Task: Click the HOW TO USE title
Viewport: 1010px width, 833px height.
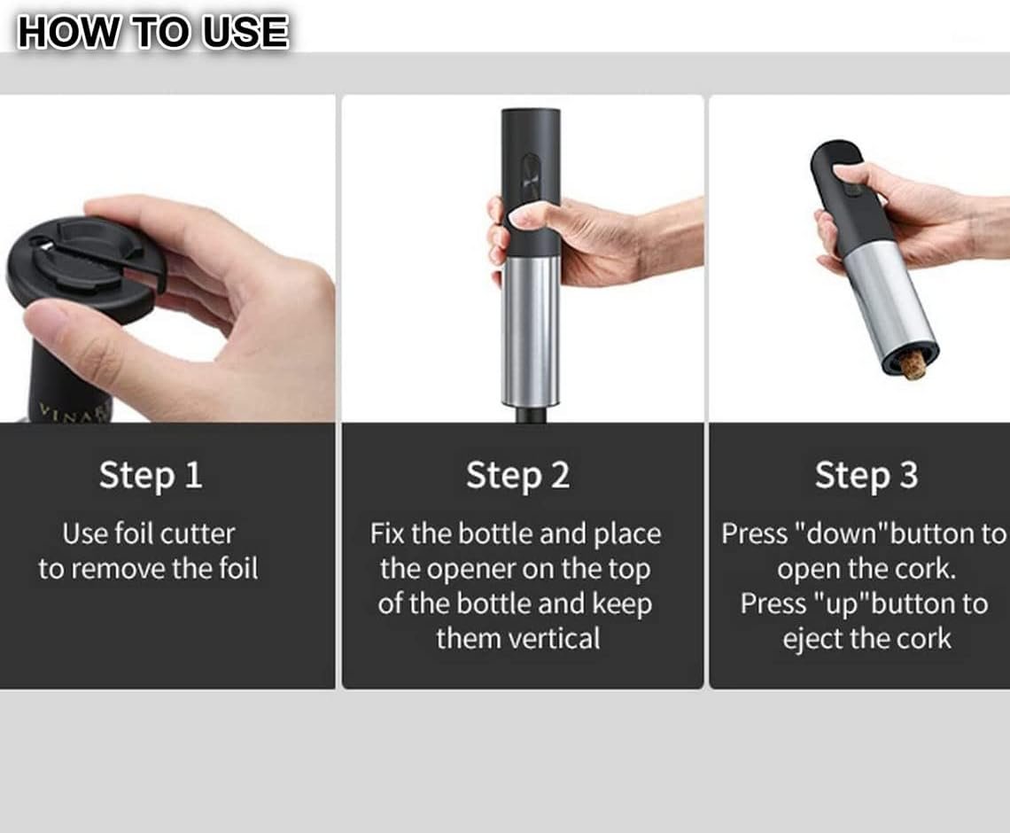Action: click(x=152, y=32)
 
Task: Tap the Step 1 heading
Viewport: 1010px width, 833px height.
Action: click(x=151, y=476)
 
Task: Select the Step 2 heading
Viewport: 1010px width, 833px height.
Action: click(x=518, y=476)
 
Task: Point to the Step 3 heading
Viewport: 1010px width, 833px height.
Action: click(x=866, y=476)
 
